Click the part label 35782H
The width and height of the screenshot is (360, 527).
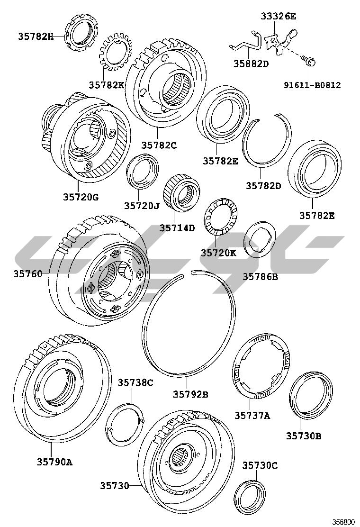(x=36, y=36)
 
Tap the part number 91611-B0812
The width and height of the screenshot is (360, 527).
(x=312, y=85)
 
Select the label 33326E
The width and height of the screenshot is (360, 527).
(x=279, y=16)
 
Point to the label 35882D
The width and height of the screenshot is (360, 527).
(x=251, y=63)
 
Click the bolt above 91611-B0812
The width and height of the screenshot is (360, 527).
(x=310, y=62)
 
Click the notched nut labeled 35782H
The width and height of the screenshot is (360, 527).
(x=81, y=32)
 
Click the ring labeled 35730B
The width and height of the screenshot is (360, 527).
(x=311, y=395)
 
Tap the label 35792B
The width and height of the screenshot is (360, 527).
(x=190, y=394)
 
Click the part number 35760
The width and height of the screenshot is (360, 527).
(x=28, y=274)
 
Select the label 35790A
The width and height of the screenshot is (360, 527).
(x=55, y=462)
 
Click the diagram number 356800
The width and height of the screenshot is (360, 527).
(x=343, y=522)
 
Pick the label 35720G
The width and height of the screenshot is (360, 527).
(x=81, y=197)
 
